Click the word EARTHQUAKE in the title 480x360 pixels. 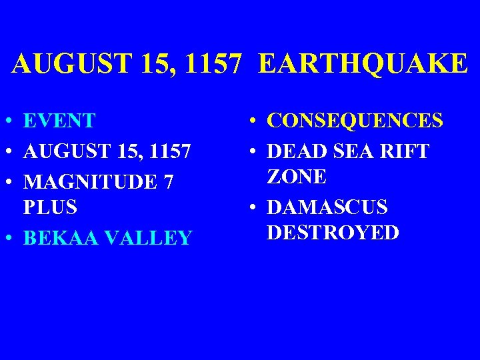pyautogui.click(x=363, y=64)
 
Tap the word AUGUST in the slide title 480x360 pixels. pyautogui.click(x=57, y=64)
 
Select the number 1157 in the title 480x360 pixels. pyautogui.click(x=212, y=64)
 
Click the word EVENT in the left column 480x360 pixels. pyautogui.click(x=59, y=121)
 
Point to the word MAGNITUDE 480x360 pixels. pyautogui.click(x=90, y=181)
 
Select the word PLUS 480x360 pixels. pyautogui.click(x=50, y=207)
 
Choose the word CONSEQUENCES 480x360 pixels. pyautogui.click(x=355, y=121)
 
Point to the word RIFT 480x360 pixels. pyautogui.click(x=406, y=151)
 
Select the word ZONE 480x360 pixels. pyautogui.click(x=297, y=177)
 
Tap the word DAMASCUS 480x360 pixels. pyautogui.click(x=327, y=207)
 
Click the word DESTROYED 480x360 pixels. pyautogui.click(x=333, y=233)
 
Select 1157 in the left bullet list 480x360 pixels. pyautogui.click(x=170, y=151)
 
